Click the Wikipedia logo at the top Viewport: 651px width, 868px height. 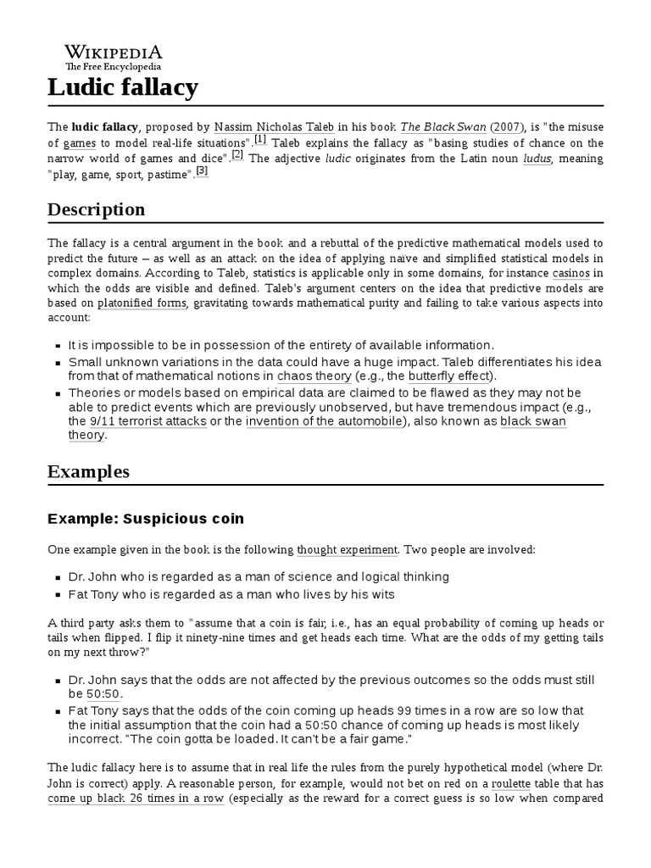[114, 56]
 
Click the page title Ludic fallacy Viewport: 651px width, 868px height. [123, 86]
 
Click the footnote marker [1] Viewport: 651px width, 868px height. [260, 139]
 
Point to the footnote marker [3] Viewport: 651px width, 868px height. [202, 170]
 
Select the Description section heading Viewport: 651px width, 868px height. [96, 209]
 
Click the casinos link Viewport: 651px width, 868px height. [570, 274]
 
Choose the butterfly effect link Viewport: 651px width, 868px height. [448, 376]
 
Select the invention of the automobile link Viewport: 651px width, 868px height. [324, 421]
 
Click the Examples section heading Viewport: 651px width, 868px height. [88, 470]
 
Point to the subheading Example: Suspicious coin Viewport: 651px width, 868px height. [146, 518]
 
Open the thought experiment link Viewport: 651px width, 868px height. [348, 550]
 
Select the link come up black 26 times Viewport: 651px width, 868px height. [136, 798]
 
